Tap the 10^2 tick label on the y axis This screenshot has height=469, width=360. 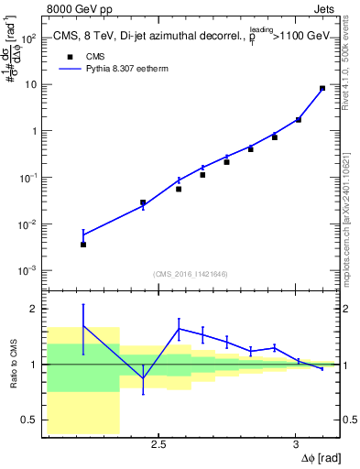[x=29, y=38]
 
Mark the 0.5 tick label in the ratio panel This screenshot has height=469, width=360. [x=27, y=420]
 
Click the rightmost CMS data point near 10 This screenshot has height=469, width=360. [x=322, y=89]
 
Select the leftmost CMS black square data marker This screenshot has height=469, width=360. [x=83, y=245]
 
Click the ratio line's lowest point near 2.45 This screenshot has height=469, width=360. [x=143, y=378]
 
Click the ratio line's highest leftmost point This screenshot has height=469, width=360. [x=83, y=325]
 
